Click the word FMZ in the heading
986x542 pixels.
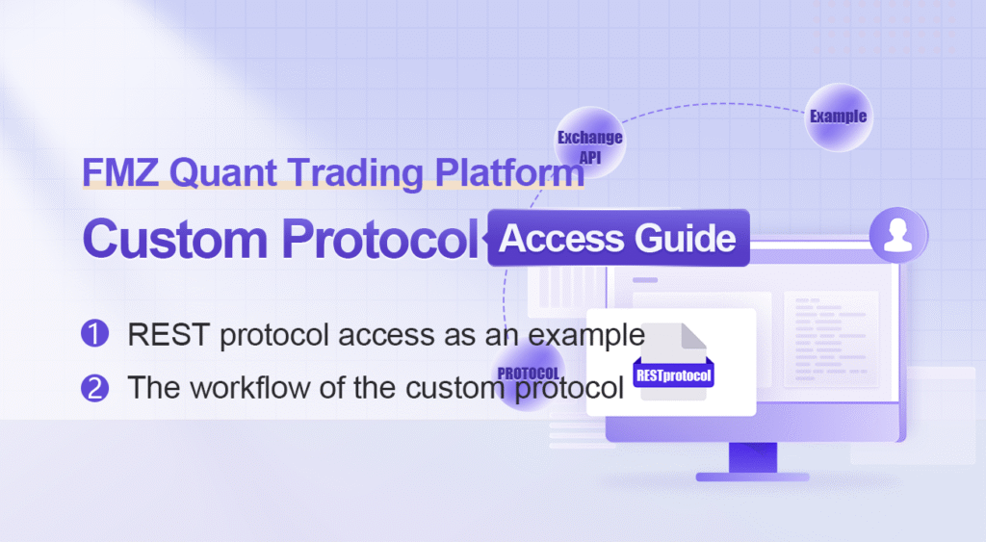120,172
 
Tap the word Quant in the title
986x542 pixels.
223,173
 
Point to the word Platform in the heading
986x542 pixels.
509,172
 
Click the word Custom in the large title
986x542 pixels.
175,239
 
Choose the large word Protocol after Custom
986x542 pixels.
380,239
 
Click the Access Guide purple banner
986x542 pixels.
619,238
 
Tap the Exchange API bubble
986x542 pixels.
590,143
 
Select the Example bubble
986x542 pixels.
839,116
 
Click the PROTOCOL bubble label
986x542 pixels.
529,374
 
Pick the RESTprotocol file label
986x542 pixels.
673,376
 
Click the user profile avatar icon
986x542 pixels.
898,235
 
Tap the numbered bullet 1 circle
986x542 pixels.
95,333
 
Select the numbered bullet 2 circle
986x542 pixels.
95,387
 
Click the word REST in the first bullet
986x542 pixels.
168,334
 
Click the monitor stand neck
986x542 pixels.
753,457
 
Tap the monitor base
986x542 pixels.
753,477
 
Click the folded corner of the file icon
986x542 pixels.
693,336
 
